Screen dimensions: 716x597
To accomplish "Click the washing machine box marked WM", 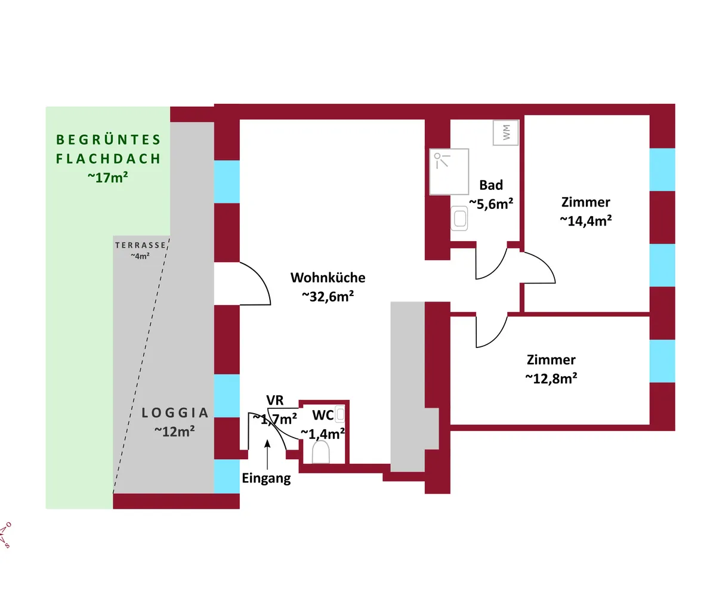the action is (x=505, y=133).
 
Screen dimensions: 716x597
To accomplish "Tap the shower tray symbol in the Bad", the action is (x=449, y=171).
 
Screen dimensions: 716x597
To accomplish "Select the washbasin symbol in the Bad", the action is (x=459, y=219).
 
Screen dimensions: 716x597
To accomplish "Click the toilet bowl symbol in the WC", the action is (x=320, y=451).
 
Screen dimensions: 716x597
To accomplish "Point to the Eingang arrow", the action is (x=267, y=454).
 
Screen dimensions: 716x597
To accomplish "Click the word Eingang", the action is (x=267, y=478).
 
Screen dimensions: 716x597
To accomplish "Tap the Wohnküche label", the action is (x=328, y=278).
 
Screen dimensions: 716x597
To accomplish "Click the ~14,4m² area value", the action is (x=586, y=221).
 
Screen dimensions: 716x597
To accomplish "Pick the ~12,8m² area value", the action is (x=551, y=378).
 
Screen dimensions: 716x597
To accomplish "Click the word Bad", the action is (x=491, y=185).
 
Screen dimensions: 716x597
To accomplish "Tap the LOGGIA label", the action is (x=175, y=413).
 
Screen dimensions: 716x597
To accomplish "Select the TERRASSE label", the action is (x=140, y=245).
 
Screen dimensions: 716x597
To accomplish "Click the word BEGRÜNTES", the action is (x=109, y=140).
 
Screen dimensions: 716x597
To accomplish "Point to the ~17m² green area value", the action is (x=108, y=177).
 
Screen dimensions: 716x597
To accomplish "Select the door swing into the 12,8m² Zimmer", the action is (x=499, y=338).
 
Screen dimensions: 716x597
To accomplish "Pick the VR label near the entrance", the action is (x=274, y=400).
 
